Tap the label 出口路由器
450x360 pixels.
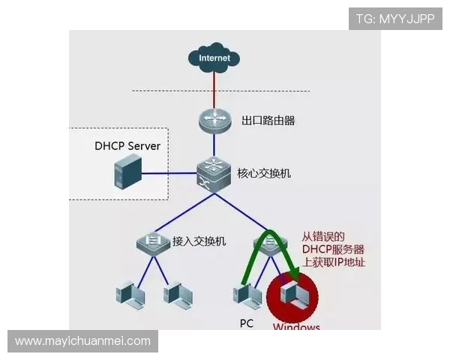coord(268,120)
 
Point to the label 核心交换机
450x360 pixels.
coord(264,173)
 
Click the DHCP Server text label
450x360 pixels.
coord(127,145)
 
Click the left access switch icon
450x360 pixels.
coord(154,242)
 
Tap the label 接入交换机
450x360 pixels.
coord(199,241)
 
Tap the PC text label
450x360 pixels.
coord(247,323)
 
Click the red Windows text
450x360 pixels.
coord(296,327)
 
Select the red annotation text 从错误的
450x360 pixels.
coord(323,235)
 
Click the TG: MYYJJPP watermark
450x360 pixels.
coord(395,19)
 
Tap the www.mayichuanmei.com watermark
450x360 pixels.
coord(83,341)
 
